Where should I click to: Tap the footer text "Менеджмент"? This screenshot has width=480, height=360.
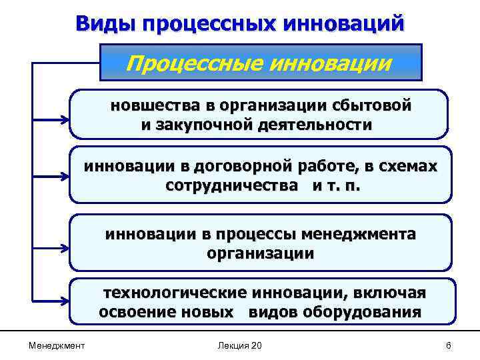(57, 345)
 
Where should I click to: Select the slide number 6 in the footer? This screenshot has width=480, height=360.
(449, 345)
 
